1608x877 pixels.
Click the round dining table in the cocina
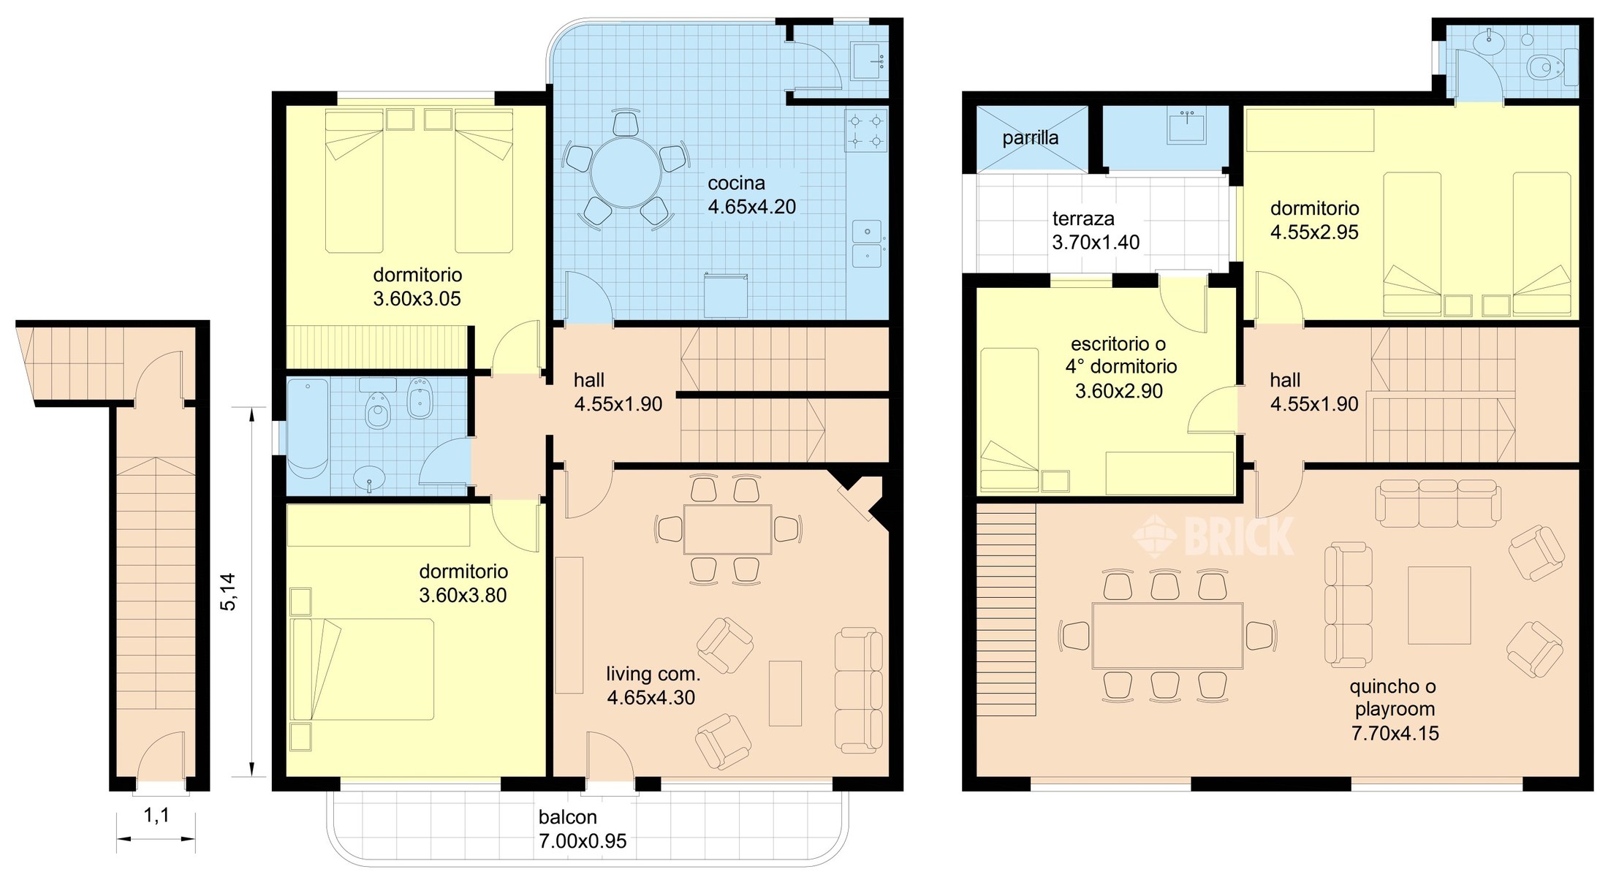[626, 173]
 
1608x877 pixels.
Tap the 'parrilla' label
[1030, 137]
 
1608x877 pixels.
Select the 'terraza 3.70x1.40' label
[1096, 230]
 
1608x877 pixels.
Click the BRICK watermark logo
[1213, 536]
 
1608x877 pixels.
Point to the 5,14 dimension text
[228, 591]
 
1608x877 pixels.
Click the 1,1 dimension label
[156, 815]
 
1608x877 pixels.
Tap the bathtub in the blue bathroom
[307, 428]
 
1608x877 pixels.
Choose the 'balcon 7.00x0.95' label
[583, 829]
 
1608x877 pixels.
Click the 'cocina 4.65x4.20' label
[751, 195]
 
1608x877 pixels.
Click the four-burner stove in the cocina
[866, 130]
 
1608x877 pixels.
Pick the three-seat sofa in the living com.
[859, 691]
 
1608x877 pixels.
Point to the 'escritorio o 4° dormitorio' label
[1119, 355]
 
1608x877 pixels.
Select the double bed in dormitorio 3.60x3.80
[362, 669]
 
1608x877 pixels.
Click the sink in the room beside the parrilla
[1186, 127]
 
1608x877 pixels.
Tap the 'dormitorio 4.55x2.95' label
[1315, 220]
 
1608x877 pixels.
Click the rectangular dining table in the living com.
[727, 529]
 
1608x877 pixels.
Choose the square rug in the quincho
[1439, 605]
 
